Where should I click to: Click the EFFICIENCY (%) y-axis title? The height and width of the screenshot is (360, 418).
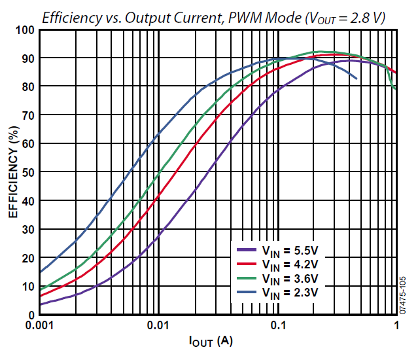[x=12, y=171]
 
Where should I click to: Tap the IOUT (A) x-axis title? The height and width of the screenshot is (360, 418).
[x=211, y=341]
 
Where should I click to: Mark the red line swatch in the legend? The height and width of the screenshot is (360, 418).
[x=247, y=264]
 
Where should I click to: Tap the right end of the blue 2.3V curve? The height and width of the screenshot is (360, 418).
[x=357, y=79]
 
